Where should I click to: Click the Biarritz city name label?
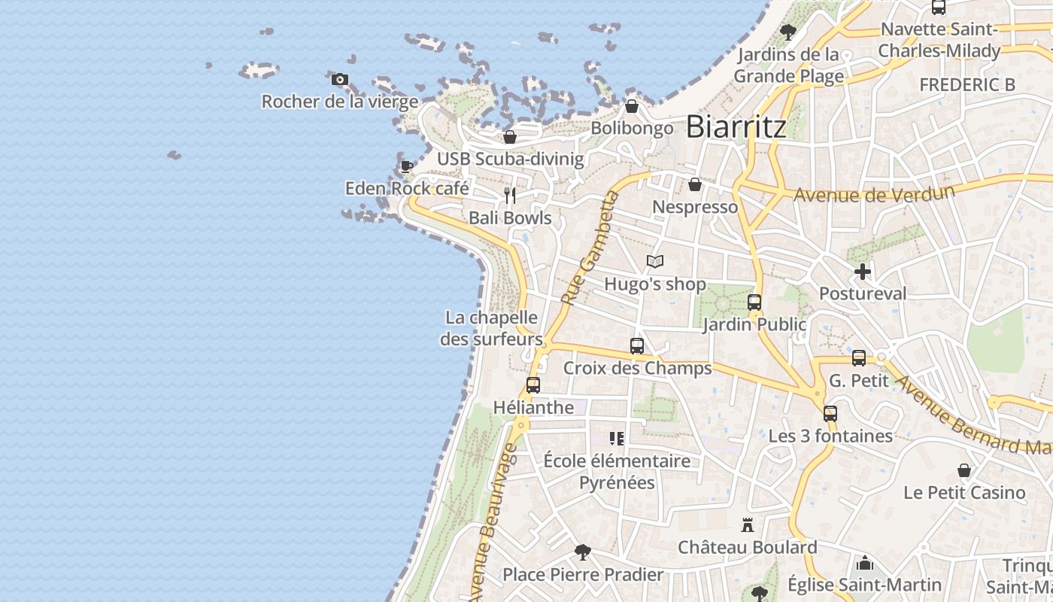point(736,126)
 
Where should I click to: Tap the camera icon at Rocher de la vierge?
point(340,79)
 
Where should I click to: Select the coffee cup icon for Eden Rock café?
point(406,166)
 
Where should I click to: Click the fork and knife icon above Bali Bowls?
point(510,196)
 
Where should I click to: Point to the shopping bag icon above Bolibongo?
point(632,106)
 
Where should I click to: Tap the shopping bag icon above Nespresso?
point(695,184)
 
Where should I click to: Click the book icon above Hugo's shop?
point(655,262)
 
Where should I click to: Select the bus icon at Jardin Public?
point(754,303)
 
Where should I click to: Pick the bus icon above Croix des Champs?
point(637,346)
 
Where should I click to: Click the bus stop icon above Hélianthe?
point(533,385)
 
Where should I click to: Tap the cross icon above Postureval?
point(863,272)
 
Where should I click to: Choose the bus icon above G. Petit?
point(859,358)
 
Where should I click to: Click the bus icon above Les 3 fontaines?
point(830,414)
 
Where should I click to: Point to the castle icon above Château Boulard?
point(748,524)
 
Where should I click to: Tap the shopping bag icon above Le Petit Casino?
point(964,471)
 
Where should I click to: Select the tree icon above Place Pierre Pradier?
point(582,552)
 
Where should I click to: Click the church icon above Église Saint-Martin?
point(865,563)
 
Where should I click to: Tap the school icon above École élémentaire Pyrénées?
point(617,438)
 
